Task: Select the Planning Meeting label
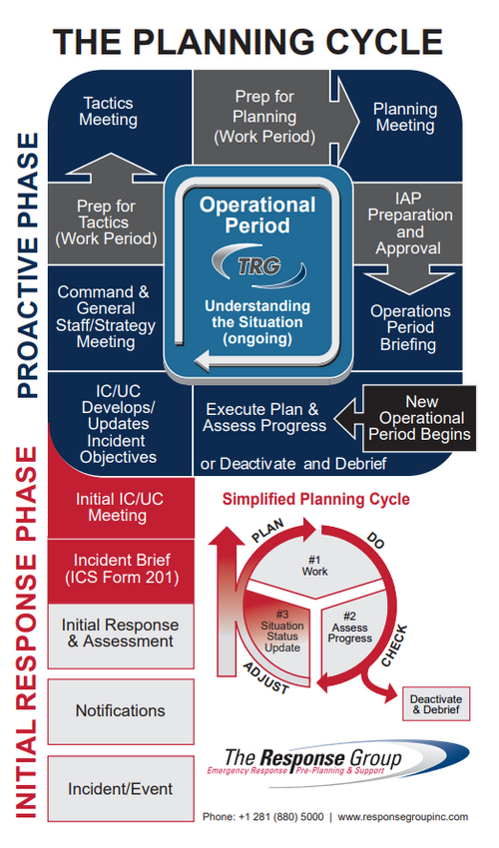tap(405, 117)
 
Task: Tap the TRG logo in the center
tap(258, 265)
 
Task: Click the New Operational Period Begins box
tap(419, 418)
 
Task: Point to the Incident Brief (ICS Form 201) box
tap(121, 571)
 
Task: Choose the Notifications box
tap(121, 711)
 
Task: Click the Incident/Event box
tap(121, 789)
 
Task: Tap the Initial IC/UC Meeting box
tap(121, 507)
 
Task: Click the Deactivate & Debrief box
tap(436, 704)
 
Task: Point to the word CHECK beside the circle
tap(394, 645)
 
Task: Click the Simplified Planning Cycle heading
tap(316, 499)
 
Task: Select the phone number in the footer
tap(263, 817)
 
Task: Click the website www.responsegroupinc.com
tap(403, 817)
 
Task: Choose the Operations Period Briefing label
tap(410, 328)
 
